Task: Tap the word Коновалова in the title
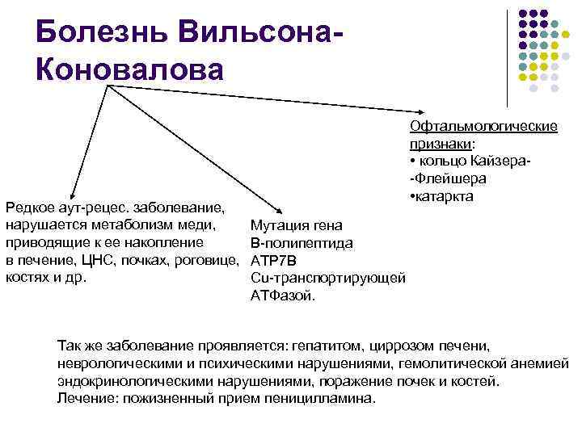tap(129, 69)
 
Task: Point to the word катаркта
tap(444, 197)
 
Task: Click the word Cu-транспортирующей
tap(327, 279)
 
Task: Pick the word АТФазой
tap(284, 296)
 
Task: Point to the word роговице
tap(207, 260)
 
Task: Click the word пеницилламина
tap(323, 399)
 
